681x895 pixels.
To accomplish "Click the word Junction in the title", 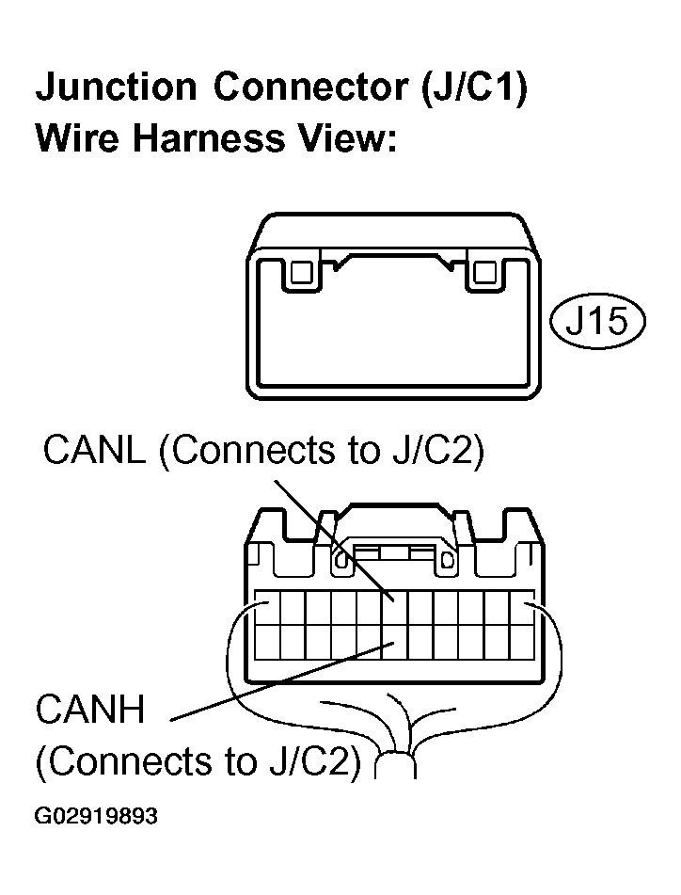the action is pyautogui.click(x=117, y=87).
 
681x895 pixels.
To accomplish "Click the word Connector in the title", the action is pyautogui.click(x=311, y=87).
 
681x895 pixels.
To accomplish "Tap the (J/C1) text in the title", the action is pyautogui.click(x=474, y=88).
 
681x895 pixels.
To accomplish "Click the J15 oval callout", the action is pyautogui.click(x=597, y=321).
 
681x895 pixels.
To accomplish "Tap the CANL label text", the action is pyautogui.click(x=94, y=450).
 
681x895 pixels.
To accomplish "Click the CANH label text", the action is pyautogui.click(x=90, y=710).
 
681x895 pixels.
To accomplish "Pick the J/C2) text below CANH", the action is pyautogui.click(x=315, y=761).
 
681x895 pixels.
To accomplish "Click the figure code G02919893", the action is pyautogui.click(x=96, y=816).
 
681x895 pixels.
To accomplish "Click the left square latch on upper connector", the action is pyautogui.click(x=300, y=272).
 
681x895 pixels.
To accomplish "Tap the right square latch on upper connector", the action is pyautogui.click(x=484, y=272).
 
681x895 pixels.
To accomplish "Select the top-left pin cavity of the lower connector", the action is pyautogui.click(x=267, y=607).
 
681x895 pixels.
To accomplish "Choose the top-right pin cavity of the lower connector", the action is pyautogui.click(x=522, y=607).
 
